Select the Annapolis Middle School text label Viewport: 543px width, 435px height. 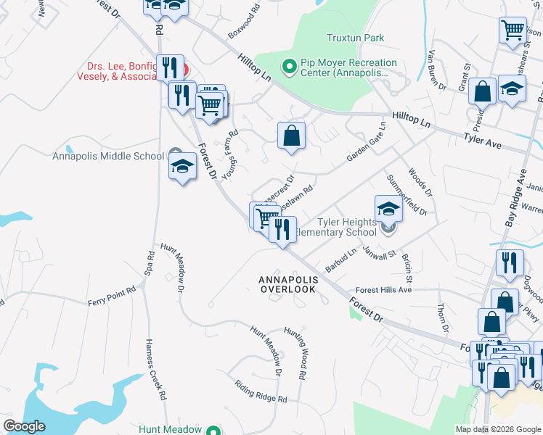point(108,156)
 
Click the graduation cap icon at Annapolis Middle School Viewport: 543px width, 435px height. point(183,167)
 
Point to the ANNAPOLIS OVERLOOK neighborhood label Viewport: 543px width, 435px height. point(288,284)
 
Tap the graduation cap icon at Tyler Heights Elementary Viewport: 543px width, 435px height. point(389,209)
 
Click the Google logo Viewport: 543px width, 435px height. point(25,426)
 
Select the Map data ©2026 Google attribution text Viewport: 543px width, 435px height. point(497,429)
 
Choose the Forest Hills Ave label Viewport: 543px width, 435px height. point(384,289)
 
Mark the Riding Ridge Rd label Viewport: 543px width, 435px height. point(261,392)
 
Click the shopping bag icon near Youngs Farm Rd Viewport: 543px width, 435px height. point(291,136)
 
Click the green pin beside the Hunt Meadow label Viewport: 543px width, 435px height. point(212,430)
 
